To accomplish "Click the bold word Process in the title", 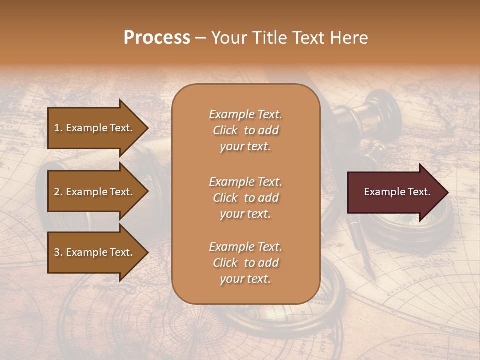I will click(157, 38).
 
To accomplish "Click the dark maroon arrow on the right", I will click(395, 192).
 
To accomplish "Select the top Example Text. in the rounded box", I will click(245, 114).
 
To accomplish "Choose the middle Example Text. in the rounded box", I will click(245, 181).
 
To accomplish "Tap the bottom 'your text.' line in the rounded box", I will click(245, 279).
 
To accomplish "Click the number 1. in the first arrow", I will click(58, 128).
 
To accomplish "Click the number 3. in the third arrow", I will click(58, 252).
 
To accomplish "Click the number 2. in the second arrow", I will click(58, 192).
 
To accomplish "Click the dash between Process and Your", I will click(201, 38).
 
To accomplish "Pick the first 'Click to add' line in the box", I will click(245, 130).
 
